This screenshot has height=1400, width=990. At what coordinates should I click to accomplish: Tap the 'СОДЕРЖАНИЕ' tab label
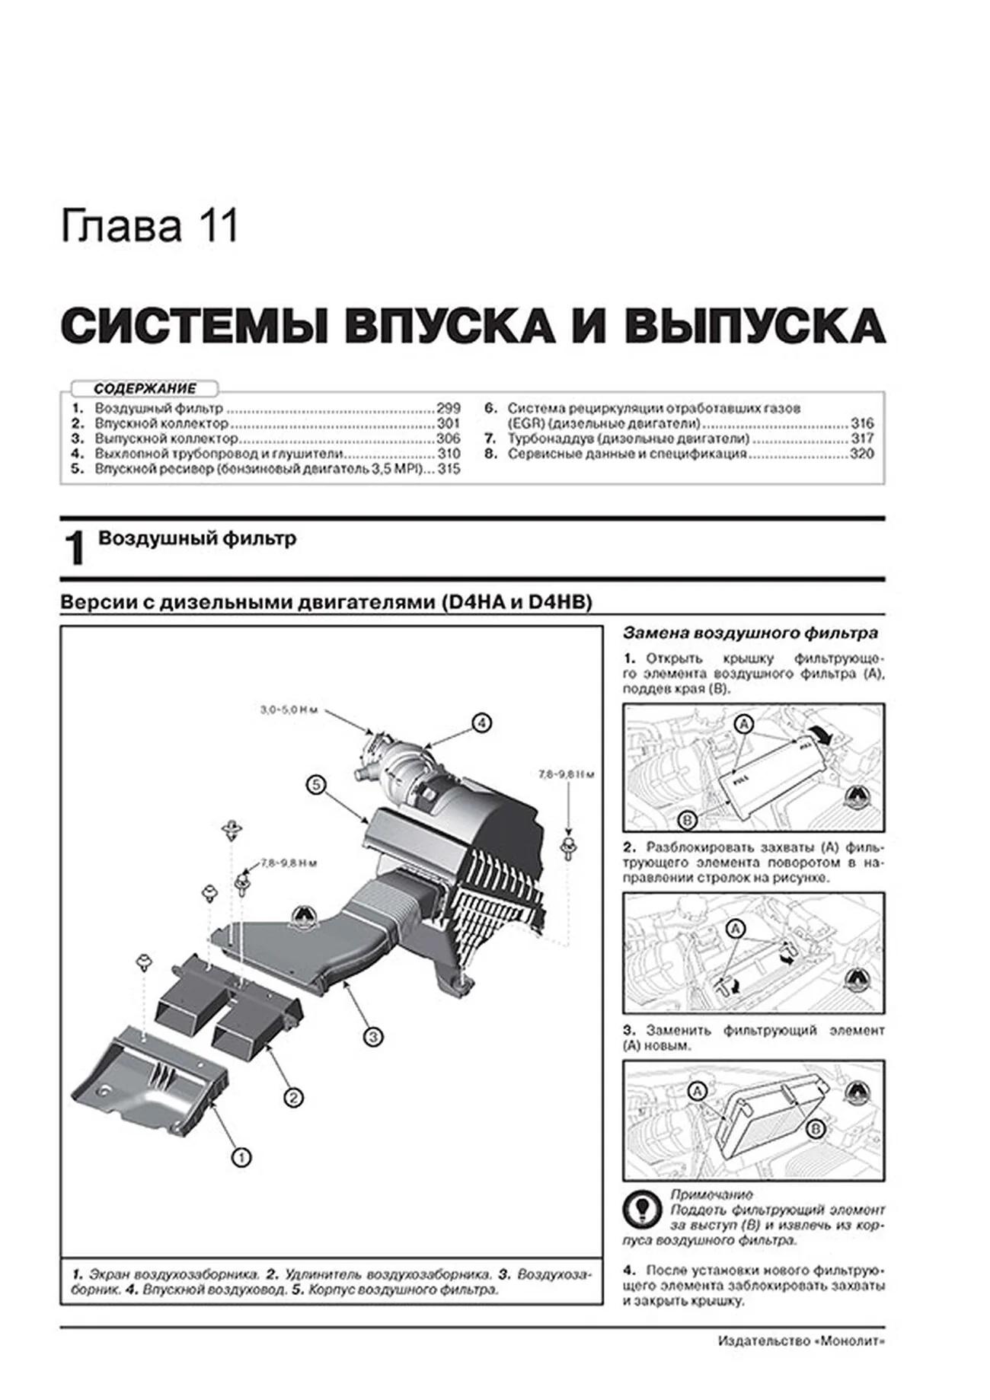(145, 388)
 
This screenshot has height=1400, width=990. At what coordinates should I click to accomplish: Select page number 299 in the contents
(448, 408)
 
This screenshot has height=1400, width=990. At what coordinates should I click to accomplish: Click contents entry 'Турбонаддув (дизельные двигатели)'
(628, 438)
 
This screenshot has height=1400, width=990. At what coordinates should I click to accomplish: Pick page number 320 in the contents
(862, 454)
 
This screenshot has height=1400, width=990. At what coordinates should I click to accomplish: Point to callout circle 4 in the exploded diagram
(481, 722)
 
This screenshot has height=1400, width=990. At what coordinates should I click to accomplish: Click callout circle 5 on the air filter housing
(317, 784)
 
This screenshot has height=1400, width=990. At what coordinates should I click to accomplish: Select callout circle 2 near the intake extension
(293, 1097)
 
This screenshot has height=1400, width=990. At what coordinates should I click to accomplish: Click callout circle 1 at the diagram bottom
(241, 1158)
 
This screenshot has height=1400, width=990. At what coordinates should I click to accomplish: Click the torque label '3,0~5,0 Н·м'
(287, 710)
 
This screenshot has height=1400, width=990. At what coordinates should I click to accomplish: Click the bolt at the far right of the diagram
(568, 845)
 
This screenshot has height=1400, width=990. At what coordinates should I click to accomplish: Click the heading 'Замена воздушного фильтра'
(750, 633)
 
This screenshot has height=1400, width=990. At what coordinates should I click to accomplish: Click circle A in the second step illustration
(735, 928)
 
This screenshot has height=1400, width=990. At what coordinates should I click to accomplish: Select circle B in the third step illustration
(815, 1128)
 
